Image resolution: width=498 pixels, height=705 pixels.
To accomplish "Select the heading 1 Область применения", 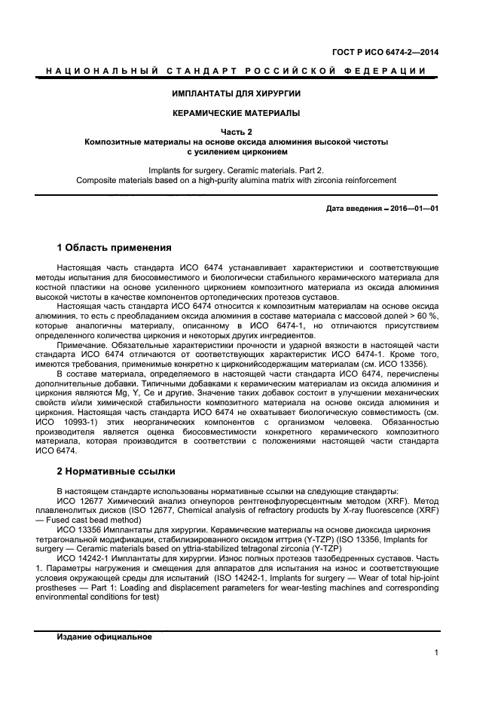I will [115, 248].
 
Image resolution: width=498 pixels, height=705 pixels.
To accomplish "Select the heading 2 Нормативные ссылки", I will [116, 472].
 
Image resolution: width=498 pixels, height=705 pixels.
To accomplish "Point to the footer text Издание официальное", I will [104, 636].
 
